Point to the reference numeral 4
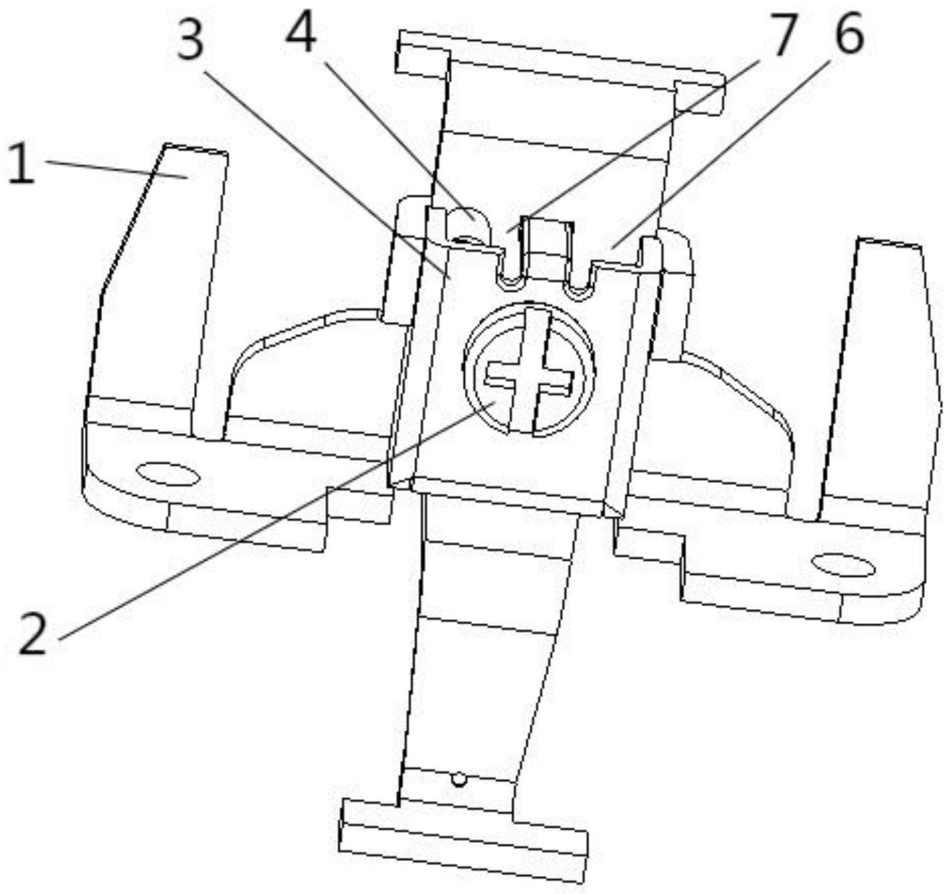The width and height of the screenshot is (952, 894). [302, 33]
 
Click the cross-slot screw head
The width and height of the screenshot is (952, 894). [529, 371]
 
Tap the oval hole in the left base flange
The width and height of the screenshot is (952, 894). [168, 474]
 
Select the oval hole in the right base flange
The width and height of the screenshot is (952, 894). [843, 566]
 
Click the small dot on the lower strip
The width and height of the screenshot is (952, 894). [458, 780]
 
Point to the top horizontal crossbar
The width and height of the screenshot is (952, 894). [560, 71]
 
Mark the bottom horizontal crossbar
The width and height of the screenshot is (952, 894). [463, 838]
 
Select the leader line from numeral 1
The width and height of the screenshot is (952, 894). [116, 169]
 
